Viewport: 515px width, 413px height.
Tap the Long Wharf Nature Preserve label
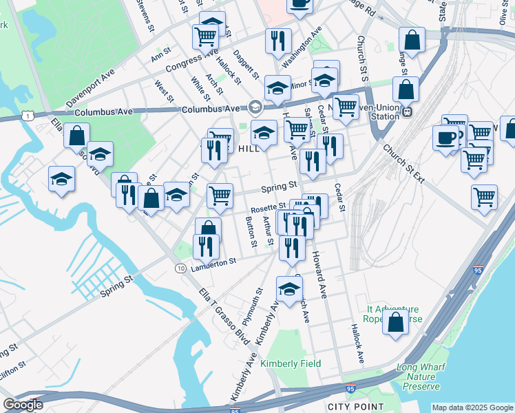click(x=420, y=377)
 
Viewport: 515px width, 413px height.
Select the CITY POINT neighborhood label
click(x=354, y=406)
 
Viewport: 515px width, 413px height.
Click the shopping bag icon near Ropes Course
click(x=395, y=324)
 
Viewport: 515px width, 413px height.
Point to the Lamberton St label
click(x=214, y=262)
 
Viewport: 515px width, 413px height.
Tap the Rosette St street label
click(x=268, y=206)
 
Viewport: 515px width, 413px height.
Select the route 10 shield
click(x=180, y=267)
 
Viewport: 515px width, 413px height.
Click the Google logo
click(x=23, y=404)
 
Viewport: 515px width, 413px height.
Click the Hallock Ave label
click(x=356, y=343)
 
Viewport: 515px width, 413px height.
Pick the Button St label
click(x=251, y=232)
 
